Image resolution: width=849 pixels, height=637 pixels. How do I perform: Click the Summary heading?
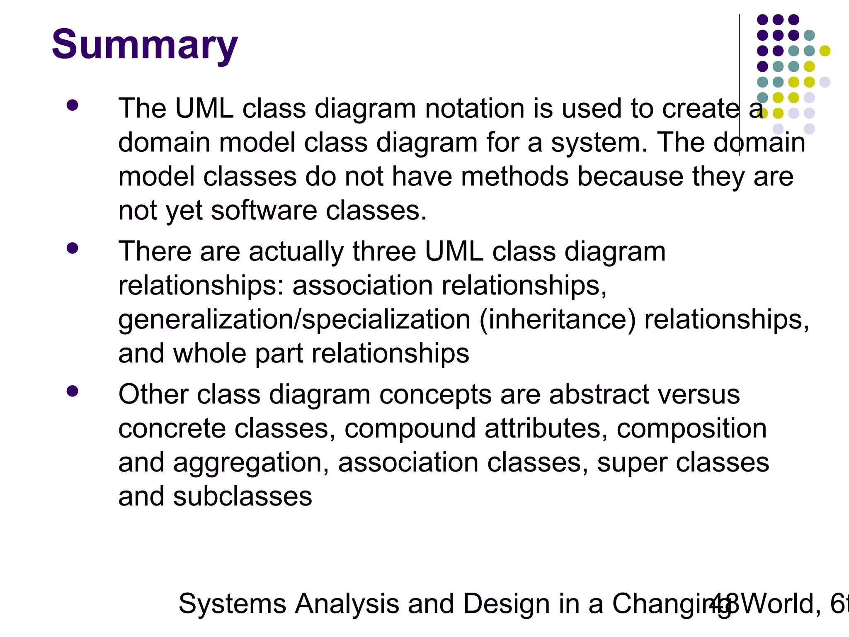(145, 45)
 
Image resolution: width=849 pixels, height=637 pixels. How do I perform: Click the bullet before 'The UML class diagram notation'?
(72, 105)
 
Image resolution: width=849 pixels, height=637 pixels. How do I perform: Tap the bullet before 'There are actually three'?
(72, 248)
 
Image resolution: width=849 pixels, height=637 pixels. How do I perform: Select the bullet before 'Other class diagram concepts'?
(72, 391)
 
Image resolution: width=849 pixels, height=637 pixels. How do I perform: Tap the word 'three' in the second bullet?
(384, 252)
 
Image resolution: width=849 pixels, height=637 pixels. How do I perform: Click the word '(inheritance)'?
(557, 320)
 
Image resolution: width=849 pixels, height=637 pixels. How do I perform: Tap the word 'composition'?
(691, 428)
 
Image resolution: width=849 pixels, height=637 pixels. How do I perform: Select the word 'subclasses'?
(243, 496)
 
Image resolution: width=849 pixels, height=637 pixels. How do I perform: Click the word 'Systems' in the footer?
(232, 604)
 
